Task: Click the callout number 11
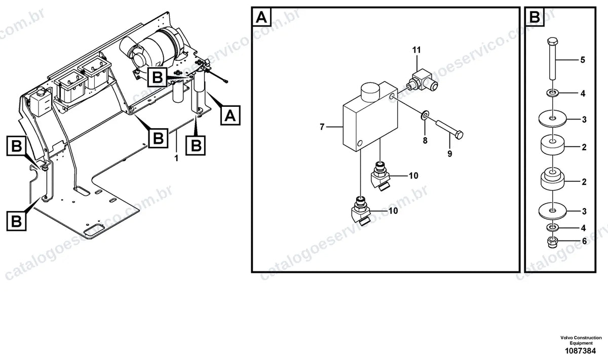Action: point(416,50)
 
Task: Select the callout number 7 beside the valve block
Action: point(322,127)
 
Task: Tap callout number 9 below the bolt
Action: point(450,154)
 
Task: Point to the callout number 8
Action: point(425,140)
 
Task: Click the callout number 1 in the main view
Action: point(176,158)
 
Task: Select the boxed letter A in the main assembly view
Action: point(230,115)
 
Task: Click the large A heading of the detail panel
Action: point(261,17)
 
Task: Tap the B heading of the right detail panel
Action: point(535,17)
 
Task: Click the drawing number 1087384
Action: point(580,351)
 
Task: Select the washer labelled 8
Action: point(425,115)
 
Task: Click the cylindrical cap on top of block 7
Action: point(370,92)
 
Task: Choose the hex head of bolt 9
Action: point(459,135)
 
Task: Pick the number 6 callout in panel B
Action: point(584,241)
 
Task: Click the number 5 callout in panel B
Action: point(583,60)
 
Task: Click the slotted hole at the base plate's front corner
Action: point(94,230)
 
